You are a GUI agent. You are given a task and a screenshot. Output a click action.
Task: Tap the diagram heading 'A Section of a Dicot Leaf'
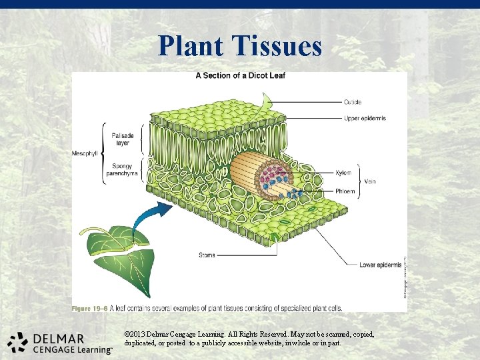tap(240, 75)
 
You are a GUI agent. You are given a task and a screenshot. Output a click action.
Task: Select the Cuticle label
tap(353, 102)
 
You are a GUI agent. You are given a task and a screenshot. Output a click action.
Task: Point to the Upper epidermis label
tap(365, 118)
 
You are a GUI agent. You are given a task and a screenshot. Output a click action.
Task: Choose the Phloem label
tap(346, 191)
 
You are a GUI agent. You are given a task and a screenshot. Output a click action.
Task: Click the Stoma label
tap(207, 255)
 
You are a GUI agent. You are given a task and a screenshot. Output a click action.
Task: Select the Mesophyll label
tap(84, 153)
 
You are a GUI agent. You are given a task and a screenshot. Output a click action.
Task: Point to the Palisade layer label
tap(123, 139)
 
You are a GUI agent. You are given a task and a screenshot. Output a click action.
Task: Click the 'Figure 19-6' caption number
tap(91, 309)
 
